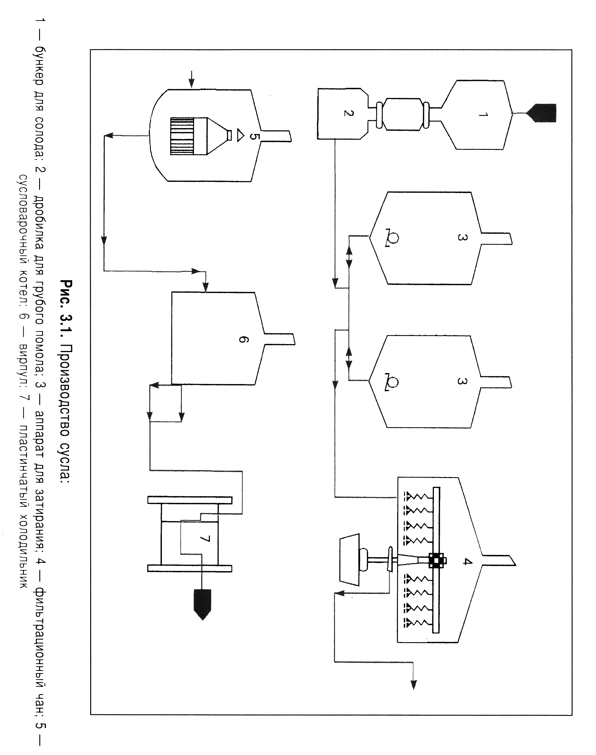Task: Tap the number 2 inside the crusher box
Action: click(x=347, y=113)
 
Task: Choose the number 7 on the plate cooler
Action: click(x=205, y=539)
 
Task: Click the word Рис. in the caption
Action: click(x=66, y=294)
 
